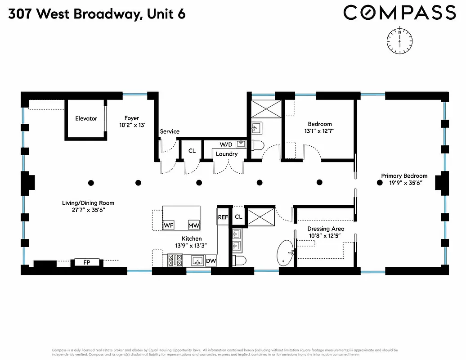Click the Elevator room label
click(86, 119)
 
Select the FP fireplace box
click(86, 261)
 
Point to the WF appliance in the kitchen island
click(169, 225)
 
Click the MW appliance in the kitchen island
click(194, 225)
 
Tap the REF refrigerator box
click(223, 217)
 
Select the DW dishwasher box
click(211, 261)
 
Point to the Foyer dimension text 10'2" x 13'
click(132, 126)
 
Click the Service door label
click(170, 131)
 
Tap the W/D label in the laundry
click(226, 144)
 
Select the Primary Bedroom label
click(404, 176)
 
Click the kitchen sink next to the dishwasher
click(197, 261)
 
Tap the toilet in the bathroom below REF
click(239, 261)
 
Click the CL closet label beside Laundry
click(192, 151)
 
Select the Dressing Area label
click(326, 229)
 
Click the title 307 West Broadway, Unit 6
click(96, 14)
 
